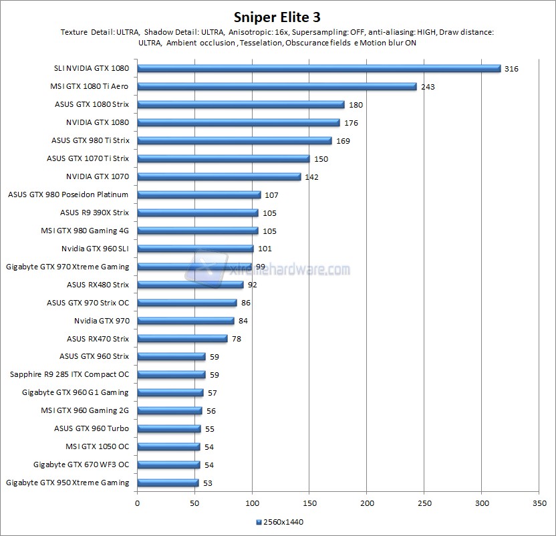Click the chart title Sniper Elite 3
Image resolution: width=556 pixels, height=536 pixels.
pyautogui.click(x=277, y=16)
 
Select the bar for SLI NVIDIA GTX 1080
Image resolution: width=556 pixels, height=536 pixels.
pyautogui.click(x=319, y=68)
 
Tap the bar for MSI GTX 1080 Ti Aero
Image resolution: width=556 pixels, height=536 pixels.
pyautogui.click(x=277, y=86)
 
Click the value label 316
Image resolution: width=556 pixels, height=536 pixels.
pyautogui.click(x=512, y=68)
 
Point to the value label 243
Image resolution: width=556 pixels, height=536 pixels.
pyautogui.click(x=428, y=86)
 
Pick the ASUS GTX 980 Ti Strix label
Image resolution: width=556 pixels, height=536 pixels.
pyautogui.click(x=90, y=140)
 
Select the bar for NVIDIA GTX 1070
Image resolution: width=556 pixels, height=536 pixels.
pyautogui.click(x=219, y=176)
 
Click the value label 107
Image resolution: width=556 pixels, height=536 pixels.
pyautogui.click(x=271, y=194)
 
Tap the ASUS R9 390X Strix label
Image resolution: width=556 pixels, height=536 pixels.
pyautogui.click(x=94, y=213)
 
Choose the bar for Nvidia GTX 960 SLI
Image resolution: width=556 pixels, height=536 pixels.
pyautogui.click(x=195, y=249)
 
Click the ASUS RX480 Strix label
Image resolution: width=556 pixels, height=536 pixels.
pyautogui.click(x=98, y=285)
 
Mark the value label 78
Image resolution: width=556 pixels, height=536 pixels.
pyautogui.click(x=236, y=339)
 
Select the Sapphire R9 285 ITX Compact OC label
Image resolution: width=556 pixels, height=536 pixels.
pyautogui.click(x=70, y=374)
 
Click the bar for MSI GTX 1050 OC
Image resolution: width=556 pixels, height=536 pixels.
pyautogui.click(x=168, y=446)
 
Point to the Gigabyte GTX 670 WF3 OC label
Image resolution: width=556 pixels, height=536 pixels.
pyautogui.click(x=81, y=464)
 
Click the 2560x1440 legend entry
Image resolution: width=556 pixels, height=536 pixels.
pyautogui.click(x=280, y=522)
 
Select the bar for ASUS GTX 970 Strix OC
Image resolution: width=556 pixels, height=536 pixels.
pyautogui.click(x=187, y=303)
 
